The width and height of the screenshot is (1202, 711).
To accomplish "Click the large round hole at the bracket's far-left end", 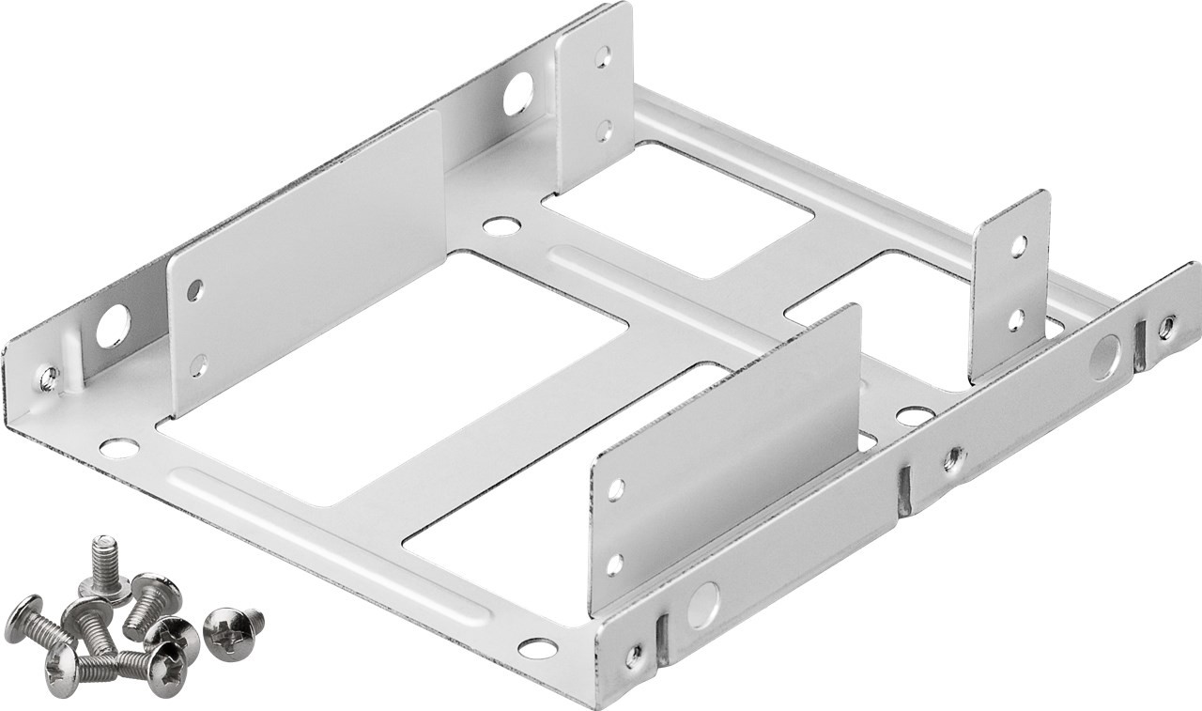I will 113,327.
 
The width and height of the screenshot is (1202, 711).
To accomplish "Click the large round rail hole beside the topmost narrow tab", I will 517,94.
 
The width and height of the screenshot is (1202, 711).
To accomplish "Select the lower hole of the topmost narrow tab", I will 604,129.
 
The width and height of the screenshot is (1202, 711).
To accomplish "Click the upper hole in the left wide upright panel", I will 194,290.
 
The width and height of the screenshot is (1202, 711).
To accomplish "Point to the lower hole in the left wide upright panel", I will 198,364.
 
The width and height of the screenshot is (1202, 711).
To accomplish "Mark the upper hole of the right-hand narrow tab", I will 1017,246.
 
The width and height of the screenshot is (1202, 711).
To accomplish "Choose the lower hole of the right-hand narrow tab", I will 1015,319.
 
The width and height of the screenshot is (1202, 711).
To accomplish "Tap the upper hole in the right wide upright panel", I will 616,488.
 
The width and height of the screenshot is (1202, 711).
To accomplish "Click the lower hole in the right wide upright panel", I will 614,564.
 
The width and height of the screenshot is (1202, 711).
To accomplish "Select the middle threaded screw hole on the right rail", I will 953,458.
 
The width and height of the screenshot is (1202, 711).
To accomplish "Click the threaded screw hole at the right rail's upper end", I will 1166,327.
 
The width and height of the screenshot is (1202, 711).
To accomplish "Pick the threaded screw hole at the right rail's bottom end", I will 636,654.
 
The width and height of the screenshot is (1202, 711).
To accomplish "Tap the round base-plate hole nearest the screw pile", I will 118,448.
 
